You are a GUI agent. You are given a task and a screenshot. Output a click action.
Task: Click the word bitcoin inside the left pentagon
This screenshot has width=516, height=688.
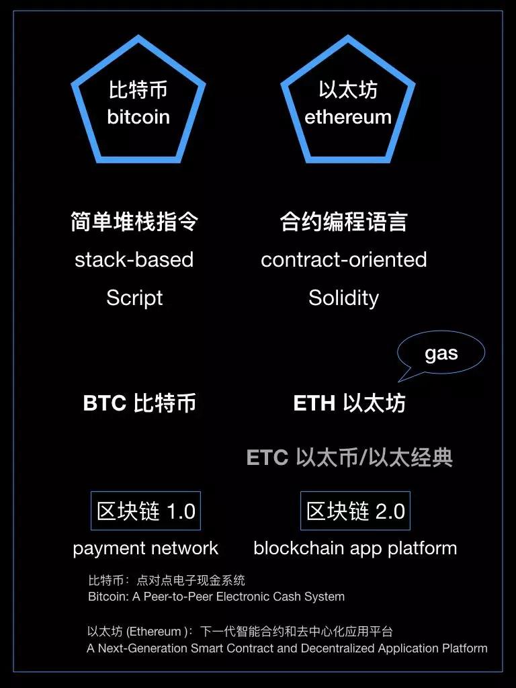coord(138,117)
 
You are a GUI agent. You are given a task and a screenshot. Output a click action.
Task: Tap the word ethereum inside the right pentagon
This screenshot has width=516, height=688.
coord(347,117)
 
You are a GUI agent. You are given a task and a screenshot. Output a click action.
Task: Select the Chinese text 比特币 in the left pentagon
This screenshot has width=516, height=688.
coord(138,89)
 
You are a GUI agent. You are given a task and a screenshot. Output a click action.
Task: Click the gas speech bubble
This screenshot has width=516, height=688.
coord(441,354)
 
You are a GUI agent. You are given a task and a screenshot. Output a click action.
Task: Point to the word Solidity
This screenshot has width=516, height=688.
coord(343,298)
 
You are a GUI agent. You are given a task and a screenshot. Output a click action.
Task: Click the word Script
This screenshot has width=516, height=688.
coord(134,298)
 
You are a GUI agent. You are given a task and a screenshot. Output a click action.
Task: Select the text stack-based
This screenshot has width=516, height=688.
coord(134,259)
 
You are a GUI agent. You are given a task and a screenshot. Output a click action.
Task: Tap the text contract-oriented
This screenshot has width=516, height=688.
coord(343,259)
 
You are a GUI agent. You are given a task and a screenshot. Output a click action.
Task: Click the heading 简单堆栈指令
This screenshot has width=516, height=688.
coord(134,222)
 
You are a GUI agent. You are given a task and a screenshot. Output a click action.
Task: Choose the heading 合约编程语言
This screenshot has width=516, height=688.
coord(343,222)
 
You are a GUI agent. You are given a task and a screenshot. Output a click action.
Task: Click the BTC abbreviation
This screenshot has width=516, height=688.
coord(104,403)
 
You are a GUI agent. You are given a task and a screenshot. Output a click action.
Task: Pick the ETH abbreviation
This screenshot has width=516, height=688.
coord(314,403)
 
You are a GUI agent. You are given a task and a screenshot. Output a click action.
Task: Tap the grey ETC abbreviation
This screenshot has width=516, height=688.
coord(267,458)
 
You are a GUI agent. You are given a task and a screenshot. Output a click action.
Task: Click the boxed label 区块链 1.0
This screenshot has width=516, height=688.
coord(146,511)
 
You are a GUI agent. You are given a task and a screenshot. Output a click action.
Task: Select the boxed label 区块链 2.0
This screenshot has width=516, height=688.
coord(355,511)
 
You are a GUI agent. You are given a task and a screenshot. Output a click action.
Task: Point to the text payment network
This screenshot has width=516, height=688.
coord(145,548)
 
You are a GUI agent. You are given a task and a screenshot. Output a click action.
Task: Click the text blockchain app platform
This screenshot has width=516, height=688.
coord(355,548)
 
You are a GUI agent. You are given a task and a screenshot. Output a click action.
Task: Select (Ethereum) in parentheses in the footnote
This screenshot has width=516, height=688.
coord(155,632)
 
